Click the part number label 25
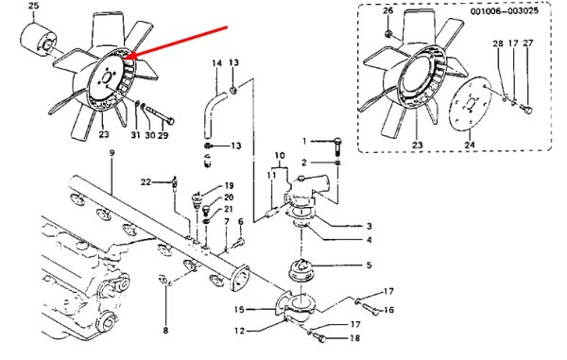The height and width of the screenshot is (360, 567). pyautogui.click(x=34, y=7)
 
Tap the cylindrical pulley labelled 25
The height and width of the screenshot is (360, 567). pyautogui.click(x=37, y=41)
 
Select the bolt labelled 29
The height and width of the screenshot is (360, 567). pyautogui.click(x=160, y=113)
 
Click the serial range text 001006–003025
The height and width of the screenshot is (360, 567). pyautogui.click(x=504, y=10)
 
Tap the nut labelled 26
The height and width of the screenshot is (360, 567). pyautogui.click(x=388, y=34)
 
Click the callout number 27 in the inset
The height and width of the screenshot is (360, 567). pyautogui.click(x=528, y=43)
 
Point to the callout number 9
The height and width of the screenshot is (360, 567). pyautogui.click(x=112, y=153)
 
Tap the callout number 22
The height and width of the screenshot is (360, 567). pyautogui.click(x=146, y=181)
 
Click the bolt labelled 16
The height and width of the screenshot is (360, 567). pyautogui.click(x=369, y=308)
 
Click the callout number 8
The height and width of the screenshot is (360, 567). pyautogui.click(x=165, y=330)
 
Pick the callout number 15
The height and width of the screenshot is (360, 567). pyautogui.click(x=239, y=309)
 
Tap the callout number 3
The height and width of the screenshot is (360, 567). pyautogui.click(x=369, y=226)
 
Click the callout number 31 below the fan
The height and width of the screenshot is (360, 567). pyautogui.click(x=135, y=135)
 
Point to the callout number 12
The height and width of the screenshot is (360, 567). pyautogui.click(x=239, y=331)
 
